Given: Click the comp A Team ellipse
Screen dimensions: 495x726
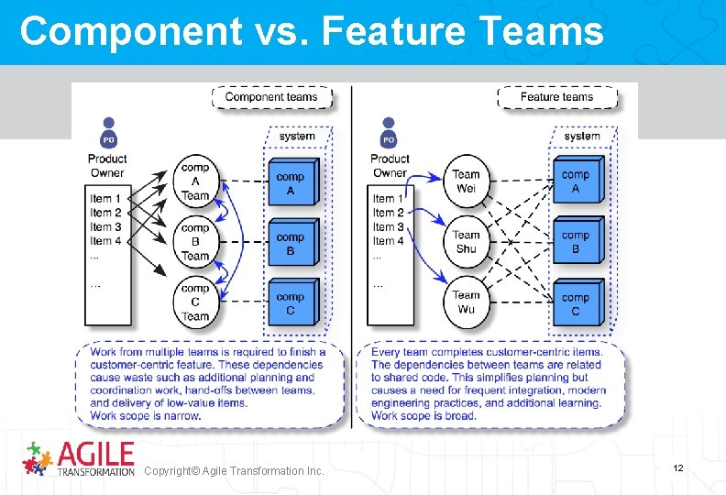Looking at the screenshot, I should [195, 181].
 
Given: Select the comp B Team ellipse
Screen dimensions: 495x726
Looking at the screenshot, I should [195, 241].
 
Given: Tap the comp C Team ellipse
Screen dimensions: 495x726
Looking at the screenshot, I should [195, 302].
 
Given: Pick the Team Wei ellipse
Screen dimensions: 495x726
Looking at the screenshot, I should [466, 181].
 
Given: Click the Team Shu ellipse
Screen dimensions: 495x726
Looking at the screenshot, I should [466, 241].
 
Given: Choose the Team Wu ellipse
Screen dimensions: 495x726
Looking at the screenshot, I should [466, 302].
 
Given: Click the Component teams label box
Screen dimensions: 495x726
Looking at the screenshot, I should [270, 96].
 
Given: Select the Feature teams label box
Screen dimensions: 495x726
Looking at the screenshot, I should [556, 96].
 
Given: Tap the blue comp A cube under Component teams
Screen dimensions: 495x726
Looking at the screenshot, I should [292, 182].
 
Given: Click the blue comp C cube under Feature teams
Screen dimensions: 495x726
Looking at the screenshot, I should [577, 302].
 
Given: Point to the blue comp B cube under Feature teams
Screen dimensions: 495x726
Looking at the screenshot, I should [577, 241].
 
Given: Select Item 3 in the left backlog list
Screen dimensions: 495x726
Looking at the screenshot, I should [106, 226].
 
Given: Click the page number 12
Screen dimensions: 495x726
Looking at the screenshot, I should [678, 468].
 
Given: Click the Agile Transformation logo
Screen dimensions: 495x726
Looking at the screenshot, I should [78, 458].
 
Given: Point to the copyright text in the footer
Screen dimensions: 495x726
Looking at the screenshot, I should [234, 470].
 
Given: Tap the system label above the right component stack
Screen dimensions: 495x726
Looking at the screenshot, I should [582, 137].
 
